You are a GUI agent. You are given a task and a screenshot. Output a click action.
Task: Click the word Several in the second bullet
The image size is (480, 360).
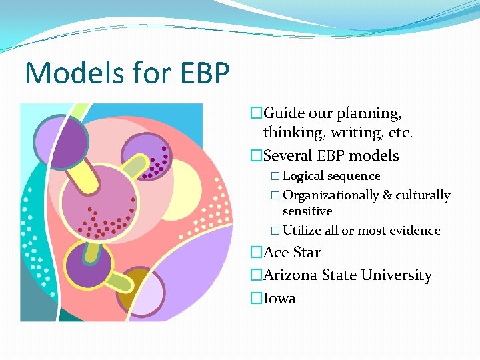point(288,156)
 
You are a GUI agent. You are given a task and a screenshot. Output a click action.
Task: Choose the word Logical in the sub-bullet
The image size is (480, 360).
point(304,176)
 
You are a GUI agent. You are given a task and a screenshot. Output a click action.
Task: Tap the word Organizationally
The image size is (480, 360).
point(331,195)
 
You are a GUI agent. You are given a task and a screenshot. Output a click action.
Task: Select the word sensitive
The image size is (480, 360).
point(307,211)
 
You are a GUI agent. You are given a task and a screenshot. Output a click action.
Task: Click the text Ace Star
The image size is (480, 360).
point(292,253)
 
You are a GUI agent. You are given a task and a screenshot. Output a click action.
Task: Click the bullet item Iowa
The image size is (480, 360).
point(279,298)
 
